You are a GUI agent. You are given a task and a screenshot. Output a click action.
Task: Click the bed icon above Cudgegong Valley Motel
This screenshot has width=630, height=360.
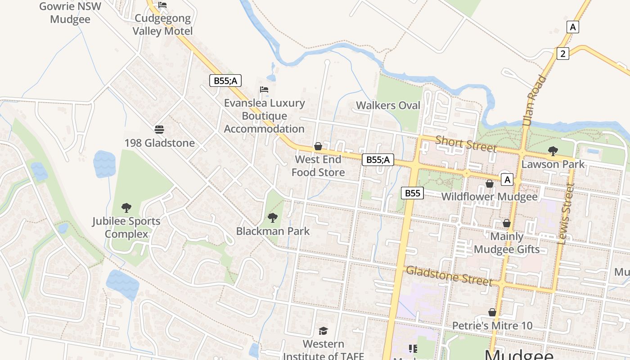coord(162,5)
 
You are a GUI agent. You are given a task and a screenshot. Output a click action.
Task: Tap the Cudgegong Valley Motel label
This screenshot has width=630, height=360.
coord(162,25)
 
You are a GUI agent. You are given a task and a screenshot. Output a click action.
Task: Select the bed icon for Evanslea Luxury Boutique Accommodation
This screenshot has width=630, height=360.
coord(264,90)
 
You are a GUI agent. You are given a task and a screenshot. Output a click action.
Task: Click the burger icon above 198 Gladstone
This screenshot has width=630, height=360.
coord(159,130)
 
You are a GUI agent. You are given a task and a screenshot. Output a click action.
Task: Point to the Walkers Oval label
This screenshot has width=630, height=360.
coord(388,105)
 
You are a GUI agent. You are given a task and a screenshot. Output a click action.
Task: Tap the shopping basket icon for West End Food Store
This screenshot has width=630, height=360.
coord(318,146)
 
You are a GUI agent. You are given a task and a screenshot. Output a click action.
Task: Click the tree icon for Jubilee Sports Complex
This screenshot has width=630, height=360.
coord(126,208)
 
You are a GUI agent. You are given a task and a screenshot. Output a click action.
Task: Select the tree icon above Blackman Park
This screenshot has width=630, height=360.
coord(273,218)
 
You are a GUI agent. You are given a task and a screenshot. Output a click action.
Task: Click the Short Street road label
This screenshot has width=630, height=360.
coord(466,144)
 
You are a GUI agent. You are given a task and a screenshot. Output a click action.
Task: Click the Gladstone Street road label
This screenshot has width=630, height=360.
coord(449,275)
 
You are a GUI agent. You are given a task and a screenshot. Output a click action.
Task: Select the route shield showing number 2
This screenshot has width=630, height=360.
coord(562,54)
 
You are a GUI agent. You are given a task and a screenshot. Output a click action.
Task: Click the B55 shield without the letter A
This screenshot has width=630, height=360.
coord(412,193)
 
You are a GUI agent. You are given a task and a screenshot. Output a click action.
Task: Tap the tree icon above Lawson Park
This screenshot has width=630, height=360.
coord(553,151)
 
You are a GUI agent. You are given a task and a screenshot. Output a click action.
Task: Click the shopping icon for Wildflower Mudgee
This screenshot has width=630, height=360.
coord(490,184)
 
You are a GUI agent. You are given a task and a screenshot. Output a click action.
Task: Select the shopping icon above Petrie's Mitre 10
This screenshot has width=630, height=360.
coord(492,312)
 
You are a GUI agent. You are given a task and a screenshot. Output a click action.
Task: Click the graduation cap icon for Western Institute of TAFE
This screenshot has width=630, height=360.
coord(323,331)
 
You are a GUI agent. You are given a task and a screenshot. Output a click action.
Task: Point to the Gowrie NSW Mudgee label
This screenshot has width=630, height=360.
coord(70,13)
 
